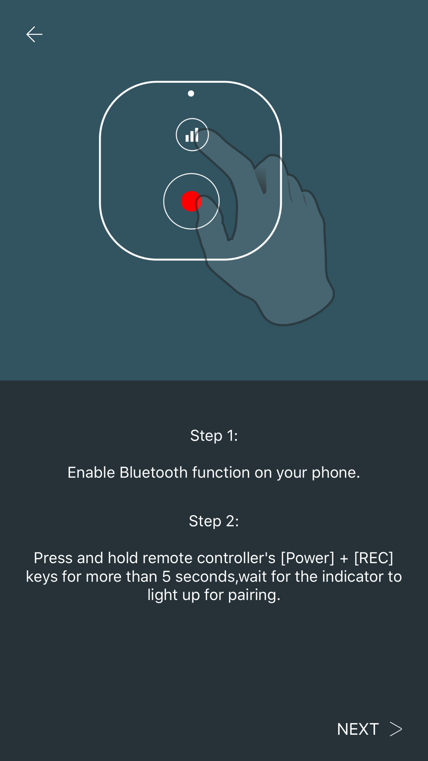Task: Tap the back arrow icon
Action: (34, 34)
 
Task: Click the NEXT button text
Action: (358, 729)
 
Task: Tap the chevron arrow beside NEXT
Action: (396, 729)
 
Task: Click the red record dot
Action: (191, 201)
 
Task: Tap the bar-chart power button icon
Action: (192, 135)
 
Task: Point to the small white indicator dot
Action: (191, 93)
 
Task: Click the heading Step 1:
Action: (214, 436)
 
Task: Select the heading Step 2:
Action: (214, 521)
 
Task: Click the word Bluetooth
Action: (154, 473)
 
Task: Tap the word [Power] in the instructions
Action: (307, 558)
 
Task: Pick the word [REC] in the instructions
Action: (374, 558)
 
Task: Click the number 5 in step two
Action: (166, 577)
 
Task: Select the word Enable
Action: (91, 473)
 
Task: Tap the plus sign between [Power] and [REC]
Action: (344, 559)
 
